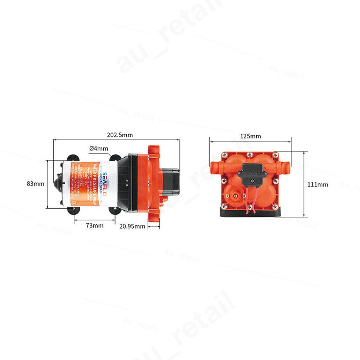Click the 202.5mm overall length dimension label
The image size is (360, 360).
[x=120, y=135]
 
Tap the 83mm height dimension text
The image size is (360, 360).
[x=36, y=184]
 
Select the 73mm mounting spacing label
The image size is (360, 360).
[x=94, y=226]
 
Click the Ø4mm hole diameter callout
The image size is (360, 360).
[x=98, y=148]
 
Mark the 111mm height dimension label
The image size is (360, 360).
[x=318, y=184]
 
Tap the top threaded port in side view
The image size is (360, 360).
[x=154, y=150]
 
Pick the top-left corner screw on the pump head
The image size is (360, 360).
[x=225, y=155]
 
